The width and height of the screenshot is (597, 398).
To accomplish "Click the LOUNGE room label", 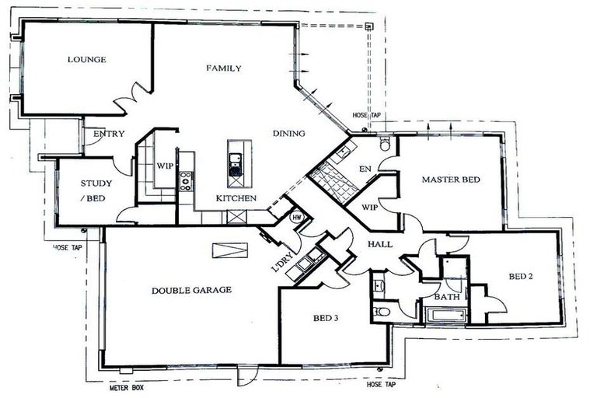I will [x=86, y=60].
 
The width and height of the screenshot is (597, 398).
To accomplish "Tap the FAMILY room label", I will [x=223, y=68].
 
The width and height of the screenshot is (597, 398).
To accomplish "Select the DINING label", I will [x=288, y=133].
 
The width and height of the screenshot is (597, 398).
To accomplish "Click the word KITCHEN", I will [x=236, y=199].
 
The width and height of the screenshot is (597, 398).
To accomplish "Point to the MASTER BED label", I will [x=451, y=180].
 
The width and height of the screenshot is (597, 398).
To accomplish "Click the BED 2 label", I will [x=521, y=275].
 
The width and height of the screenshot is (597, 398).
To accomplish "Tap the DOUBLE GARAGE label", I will [x=191, y=290].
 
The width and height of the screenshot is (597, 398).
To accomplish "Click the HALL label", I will [x=381, y=244].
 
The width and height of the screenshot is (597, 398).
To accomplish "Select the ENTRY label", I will [x=109, y=134].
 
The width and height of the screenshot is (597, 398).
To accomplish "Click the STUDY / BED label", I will [x=97, y=191].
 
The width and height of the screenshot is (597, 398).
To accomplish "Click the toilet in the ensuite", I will [x=386, y=144].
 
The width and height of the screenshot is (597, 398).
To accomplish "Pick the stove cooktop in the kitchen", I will [x=187, y=180].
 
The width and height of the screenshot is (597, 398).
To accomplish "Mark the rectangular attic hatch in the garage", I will [x=231, y=249].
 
